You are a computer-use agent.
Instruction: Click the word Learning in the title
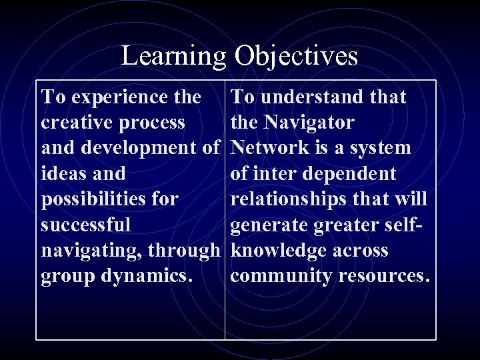(174, 56)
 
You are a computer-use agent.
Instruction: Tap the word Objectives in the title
(296, 56)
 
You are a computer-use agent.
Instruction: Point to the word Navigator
(309, 123)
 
